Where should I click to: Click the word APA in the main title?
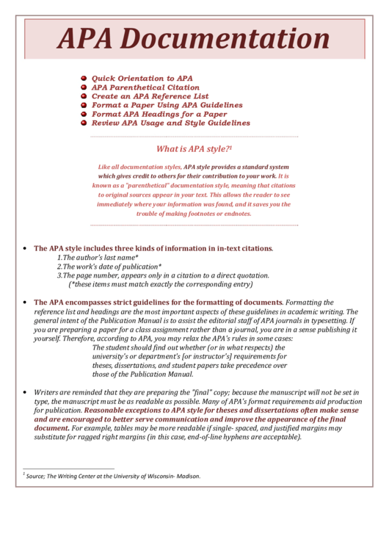coord(85,39)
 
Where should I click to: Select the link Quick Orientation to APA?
coord(142,78)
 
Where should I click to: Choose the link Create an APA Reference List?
coord(150,96)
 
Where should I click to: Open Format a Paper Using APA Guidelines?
coord(167,105)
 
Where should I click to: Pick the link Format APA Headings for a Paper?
coord(159,115)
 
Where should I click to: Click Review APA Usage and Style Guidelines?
coord(170,123)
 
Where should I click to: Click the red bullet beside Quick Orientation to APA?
coord(84,78)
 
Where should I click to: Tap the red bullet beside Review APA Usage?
coord(84,123)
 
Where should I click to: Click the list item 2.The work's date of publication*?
coord(109,267)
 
